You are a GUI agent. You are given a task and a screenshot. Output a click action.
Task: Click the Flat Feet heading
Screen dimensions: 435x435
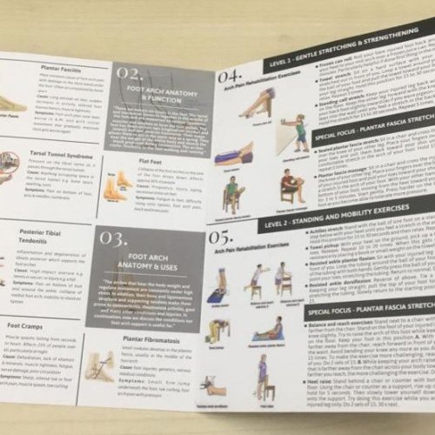(151, 160)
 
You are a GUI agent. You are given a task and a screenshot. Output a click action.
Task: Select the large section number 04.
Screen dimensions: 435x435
(231, 81)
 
